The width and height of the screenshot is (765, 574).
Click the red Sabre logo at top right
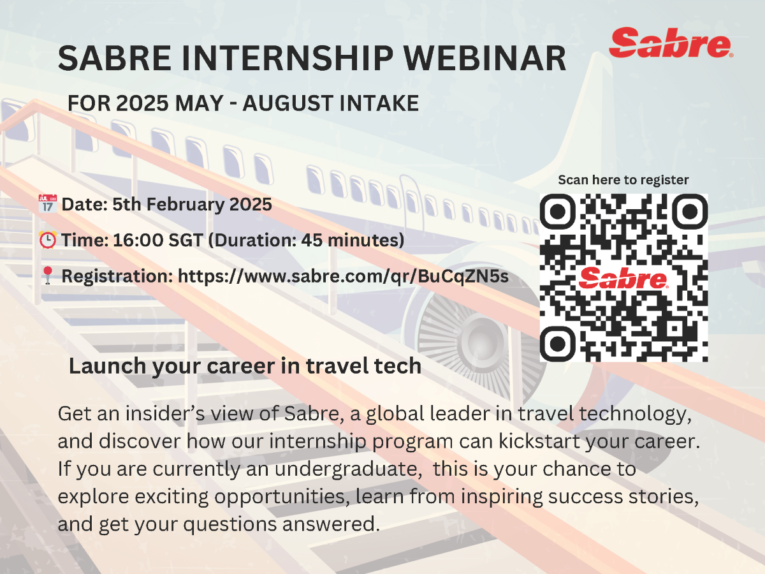pyautogui.click(x=669, y=42)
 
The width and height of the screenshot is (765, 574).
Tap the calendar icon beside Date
pyautogui.click(x=47, y=205)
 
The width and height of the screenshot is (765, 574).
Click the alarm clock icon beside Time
pyautogui.click(x=47, y=240)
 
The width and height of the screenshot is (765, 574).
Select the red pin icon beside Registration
pyautogui.click(x=47, y=276)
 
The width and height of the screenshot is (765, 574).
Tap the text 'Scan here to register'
pyautogui.click(x=623, y=180)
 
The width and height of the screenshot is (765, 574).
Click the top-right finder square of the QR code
pyautogui.click(x=690, y=212)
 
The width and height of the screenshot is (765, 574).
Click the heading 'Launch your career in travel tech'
pyautogui.click(x=245, y=366)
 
